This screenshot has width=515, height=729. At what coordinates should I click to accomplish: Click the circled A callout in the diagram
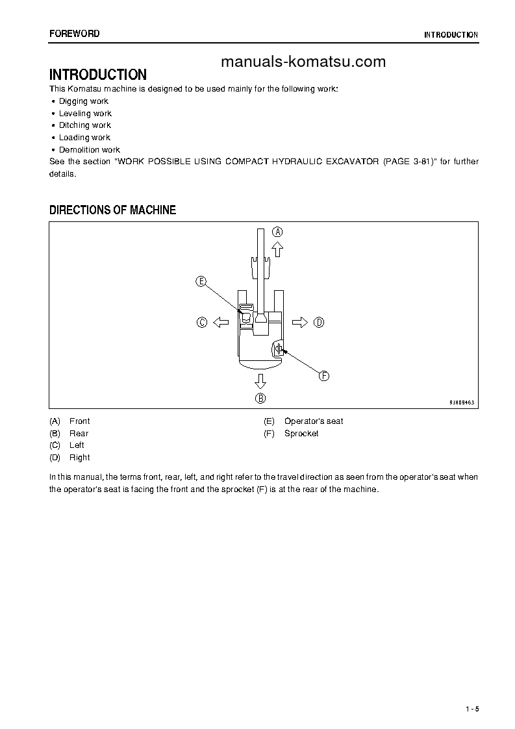coord(277,232)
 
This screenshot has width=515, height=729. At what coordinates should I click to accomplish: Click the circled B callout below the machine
coord(260,398)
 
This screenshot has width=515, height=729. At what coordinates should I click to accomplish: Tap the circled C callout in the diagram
coord(202,322)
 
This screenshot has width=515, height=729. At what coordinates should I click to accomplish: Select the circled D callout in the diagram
coord(318,322)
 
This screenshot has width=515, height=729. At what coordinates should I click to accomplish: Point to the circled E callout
coord(201,281)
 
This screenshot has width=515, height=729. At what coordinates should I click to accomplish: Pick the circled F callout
coord(323,375)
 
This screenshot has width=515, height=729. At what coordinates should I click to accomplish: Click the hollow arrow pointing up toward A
coord(277,248)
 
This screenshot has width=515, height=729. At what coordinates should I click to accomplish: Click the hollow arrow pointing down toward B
coord(260,380)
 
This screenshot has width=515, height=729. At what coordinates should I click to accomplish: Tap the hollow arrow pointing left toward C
coord(220,322)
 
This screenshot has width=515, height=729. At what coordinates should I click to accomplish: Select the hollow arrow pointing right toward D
coord(300,322)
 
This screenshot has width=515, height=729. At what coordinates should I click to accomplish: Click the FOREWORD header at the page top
coord(75,34)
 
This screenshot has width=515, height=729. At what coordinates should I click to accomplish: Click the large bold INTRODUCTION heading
coord(98,75)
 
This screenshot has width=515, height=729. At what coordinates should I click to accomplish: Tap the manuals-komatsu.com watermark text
coord(303,62)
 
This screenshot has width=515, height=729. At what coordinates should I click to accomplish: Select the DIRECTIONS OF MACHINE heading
coord(113,210)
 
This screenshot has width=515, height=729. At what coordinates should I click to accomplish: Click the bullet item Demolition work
coord(89,149)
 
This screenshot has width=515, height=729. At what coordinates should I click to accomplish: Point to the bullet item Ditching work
coord(84,125)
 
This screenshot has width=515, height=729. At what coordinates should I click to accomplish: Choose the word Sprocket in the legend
coord(301,433)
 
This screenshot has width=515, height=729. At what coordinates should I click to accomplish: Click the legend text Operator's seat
coord(314,421)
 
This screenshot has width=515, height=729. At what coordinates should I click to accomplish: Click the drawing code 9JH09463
coord(462,402)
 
